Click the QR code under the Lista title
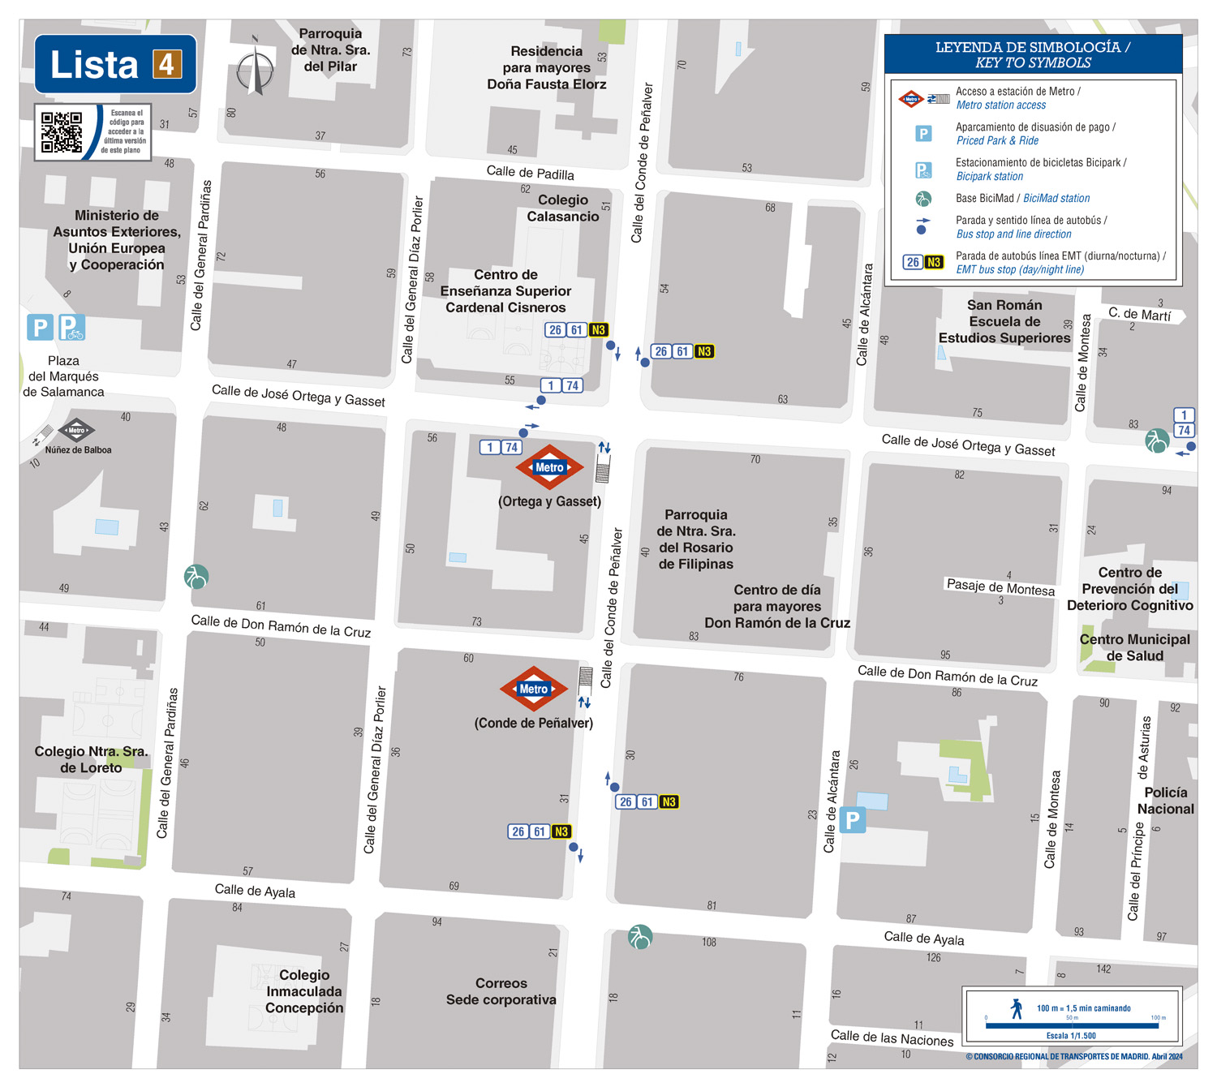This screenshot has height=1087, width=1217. pos(62,132)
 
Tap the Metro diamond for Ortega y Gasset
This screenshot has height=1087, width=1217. pos(549,467)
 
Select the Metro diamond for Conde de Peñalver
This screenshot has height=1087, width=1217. pos(533,689)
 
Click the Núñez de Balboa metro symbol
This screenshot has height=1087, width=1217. pos(76,431)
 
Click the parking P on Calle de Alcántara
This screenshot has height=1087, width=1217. pos(852,820)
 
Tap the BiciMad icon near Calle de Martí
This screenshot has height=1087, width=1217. pos(1157,440)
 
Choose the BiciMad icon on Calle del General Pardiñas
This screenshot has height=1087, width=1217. pos(196,576)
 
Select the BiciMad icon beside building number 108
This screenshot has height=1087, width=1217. pos(640,937)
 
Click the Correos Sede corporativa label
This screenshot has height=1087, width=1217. pos(501,991)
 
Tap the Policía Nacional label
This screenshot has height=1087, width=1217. pos(1165,801)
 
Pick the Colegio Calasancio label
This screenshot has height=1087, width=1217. pos(563,208)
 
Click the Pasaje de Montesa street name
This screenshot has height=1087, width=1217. pos(1000,586)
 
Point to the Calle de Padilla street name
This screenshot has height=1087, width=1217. pos(530,172)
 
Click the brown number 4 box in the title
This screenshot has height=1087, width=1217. pos(167,64)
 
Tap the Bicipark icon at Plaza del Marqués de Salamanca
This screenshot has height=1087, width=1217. pos(71,328)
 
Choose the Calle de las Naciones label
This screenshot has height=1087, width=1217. pos(892,1038)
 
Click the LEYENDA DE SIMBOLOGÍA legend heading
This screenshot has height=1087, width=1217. pos(1032,55)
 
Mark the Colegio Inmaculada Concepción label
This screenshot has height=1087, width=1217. pos(304,991)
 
